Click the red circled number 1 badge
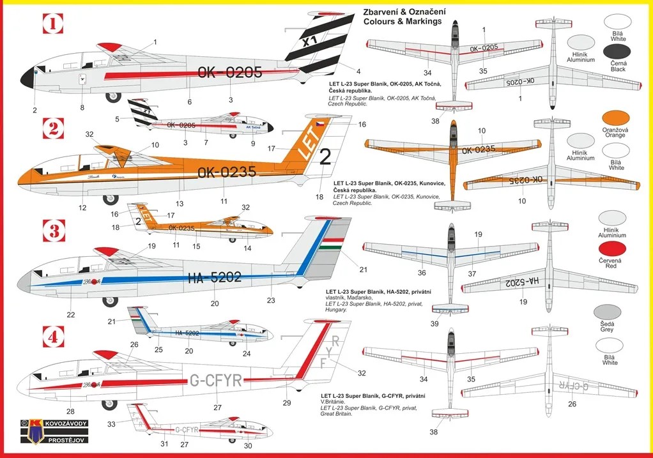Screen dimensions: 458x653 [x=52, y=25]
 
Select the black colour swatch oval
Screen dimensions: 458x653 [x=616, y=51]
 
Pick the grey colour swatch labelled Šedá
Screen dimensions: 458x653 [x=607, y=312]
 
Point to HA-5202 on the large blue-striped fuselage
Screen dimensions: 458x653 [x=215, y=277]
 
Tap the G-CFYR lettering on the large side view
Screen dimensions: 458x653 [x=216, y=381]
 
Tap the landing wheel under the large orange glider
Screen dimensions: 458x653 [x=110, y=199]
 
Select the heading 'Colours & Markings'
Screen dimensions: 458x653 [x=402, y=21]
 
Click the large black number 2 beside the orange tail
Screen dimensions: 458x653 [x=325, y=157]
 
